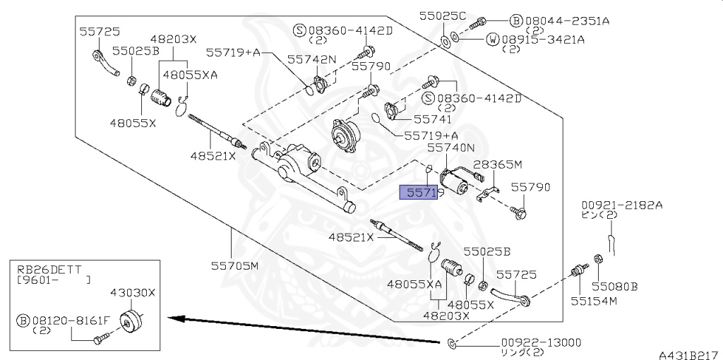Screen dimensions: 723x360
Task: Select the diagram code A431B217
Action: [691, 355]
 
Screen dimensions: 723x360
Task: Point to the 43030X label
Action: [132, 292]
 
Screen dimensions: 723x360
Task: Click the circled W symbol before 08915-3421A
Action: [492, 40]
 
